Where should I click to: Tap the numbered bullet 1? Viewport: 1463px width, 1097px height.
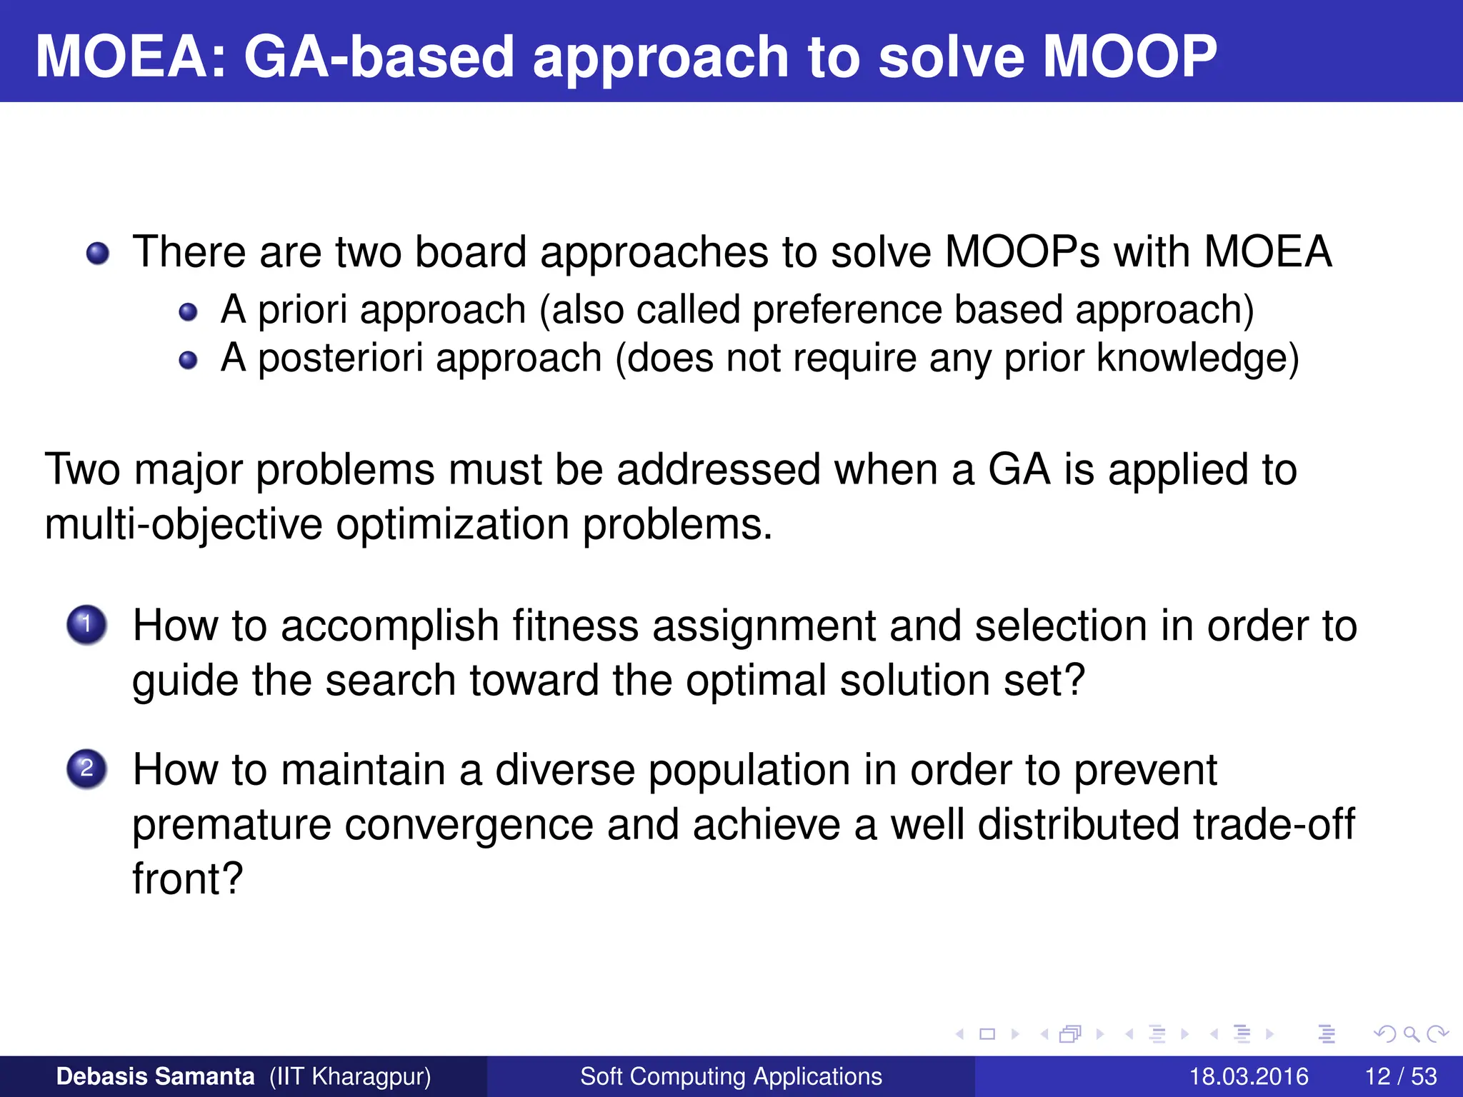[86, 625]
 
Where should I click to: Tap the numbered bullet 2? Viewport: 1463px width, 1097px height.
[86, 768]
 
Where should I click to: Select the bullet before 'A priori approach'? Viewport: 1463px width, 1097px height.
[188, 312]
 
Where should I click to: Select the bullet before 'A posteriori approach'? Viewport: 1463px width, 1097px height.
[188, 360]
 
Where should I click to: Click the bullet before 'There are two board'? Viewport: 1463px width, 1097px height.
[98, 254]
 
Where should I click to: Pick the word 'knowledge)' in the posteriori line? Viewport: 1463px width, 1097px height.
[1197, 358]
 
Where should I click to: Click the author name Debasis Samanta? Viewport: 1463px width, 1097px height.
[155, 1076]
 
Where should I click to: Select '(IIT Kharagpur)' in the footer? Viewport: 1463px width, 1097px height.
[350, 1076]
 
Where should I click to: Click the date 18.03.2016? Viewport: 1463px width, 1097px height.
[1248, 1076]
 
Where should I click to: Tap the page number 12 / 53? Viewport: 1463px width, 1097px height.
[1400, 1076]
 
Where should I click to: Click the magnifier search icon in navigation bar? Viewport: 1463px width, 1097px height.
[1411, 1033]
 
